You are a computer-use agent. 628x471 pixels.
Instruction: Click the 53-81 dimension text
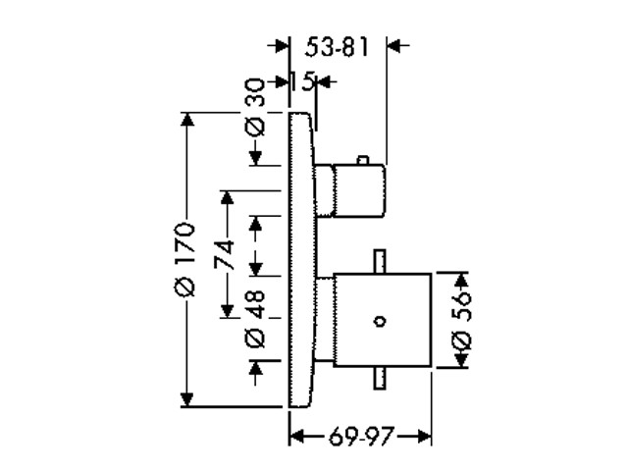tap(336, 47)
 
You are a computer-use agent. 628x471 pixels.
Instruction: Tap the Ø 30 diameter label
tap(255, 107)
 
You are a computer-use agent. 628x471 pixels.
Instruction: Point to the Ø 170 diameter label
tap(184, 259)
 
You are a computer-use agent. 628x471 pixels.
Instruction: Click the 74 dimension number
tap(224, 254)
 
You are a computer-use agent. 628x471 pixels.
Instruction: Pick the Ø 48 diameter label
tap(255, 318)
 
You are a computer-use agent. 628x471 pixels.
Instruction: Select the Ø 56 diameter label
tap(461, 321)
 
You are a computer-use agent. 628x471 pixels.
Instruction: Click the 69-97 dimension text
tap(361, 436)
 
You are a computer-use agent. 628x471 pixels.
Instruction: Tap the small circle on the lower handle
tap(380, 321)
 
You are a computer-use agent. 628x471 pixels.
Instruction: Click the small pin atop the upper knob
tap(362, 160)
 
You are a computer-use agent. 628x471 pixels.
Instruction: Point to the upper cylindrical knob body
tap(359, 190)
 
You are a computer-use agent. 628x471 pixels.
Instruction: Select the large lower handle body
tap(383, 320)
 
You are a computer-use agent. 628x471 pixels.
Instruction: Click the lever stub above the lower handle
tap(380, 262)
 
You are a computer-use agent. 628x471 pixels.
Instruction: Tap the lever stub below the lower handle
tap(380, 378)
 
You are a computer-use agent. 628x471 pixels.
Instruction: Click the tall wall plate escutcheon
tap(301, 259)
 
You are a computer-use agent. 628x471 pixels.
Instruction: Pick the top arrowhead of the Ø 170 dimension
tap(187, 120)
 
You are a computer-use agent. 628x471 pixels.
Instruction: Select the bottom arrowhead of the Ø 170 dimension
tap(187, 399)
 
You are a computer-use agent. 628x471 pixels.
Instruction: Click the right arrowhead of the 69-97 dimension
tap(424, 436)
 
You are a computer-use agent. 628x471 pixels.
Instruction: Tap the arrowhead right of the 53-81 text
tap(394, 45)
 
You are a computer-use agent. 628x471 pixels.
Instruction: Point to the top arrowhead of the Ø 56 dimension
tap(462, 280)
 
